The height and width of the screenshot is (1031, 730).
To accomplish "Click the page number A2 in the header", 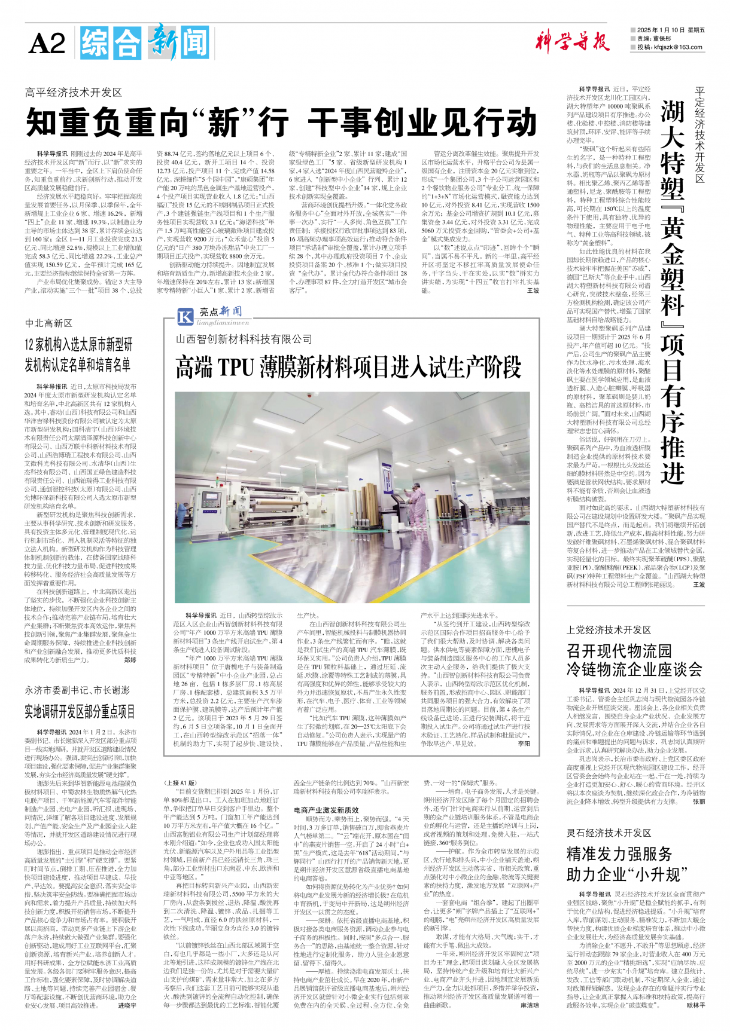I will pos(47,44).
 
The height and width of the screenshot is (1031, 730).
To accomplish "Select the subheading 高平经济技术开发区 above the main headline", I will pos(74,92).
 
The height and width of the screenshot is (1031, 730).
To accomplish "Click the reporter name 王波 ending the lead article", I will pos(533,290).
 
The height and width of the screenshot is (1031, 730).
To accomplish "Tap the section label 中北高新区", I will pos(48,323).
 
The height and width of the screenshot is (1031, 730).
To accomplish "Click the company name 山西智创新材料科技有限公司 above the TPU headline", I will pos(244,339).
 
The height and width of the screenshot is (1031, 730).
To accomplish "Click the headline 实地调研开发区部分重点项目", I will pos(80,711).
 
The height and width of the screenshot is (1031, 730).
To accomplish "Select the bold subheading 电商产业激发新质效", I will pos(326,810).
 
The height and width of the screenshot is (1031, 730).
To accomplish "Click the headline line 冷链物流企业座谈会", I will pos(634,669).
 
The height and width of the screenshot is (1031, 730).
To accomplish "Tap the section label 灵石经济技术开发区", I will pos(609,833).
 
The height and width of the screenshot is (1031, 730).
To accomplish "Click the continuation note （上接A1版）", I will pos(180,782).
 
